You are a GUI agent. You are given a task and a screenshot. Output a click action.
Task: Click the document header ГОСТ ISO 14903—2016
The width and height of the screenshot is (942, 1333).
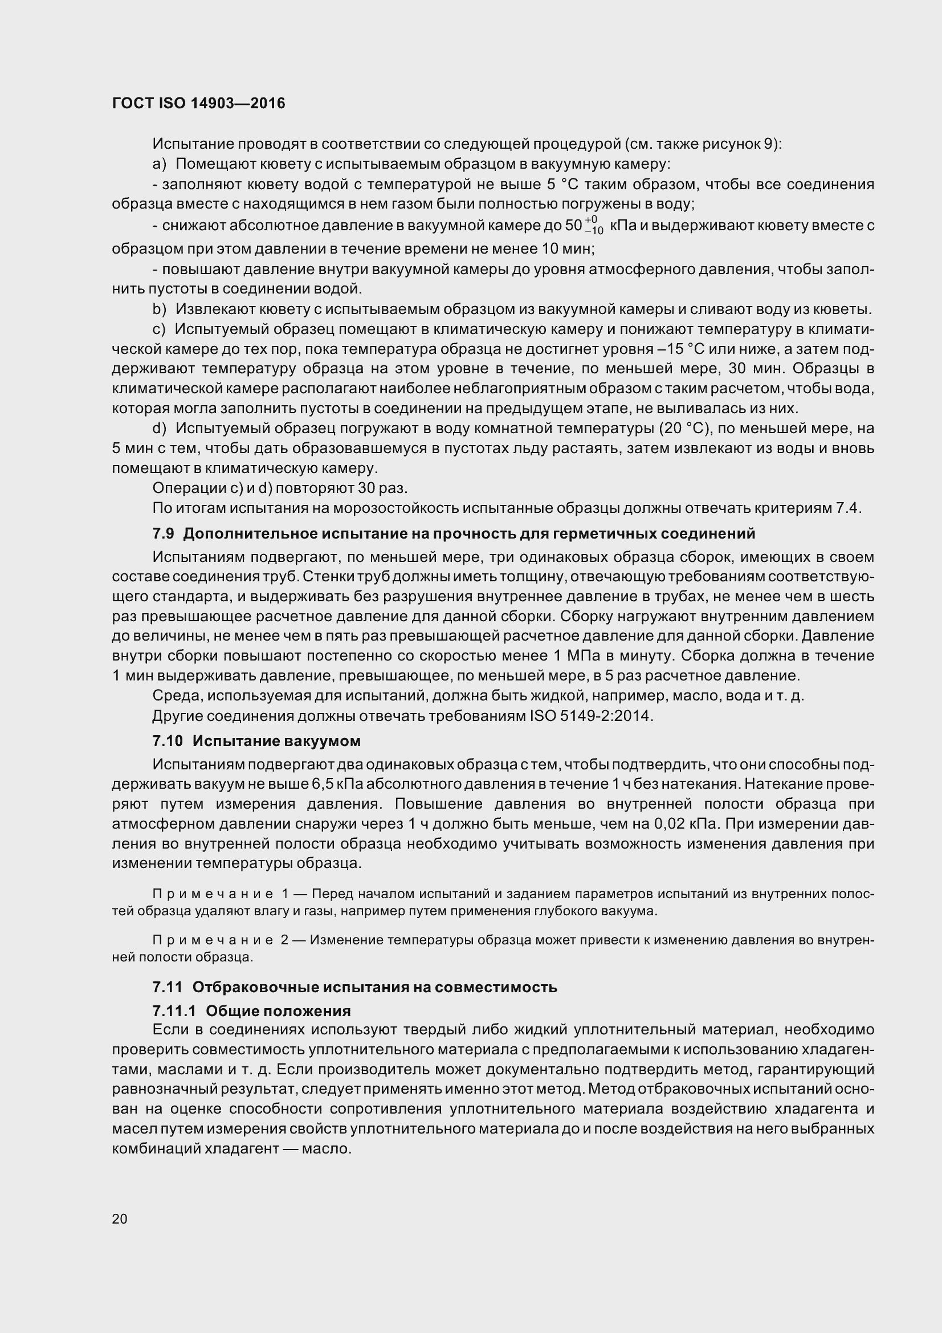(x=198, y=103)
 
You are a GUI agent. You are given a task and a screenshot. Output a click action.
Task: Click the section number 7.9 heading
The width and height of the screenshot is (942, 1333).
(x=163, y=533)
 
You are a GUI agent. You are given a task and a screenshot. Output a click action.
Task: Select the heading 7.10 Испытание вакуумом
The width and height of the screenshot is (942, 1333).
(x=256, y=741)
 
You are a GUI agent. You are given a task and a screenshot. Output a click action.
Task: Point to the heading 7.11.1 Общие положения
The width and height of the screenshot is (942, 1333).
(x=251, y=1011)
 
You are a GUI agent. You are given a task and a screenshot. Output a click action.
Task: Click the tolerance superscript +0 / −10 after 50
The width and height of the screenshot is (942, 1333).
(x=593, y=225)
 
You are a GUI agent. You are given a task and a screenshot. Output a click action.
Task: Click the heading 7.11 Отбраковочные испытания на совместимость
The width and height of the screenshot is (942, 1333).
(x=354, y=987)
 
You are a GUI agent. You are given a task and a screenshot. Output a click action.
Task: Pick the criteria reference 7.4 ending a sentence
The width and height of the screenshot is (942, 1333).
(x=847, y=508)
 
